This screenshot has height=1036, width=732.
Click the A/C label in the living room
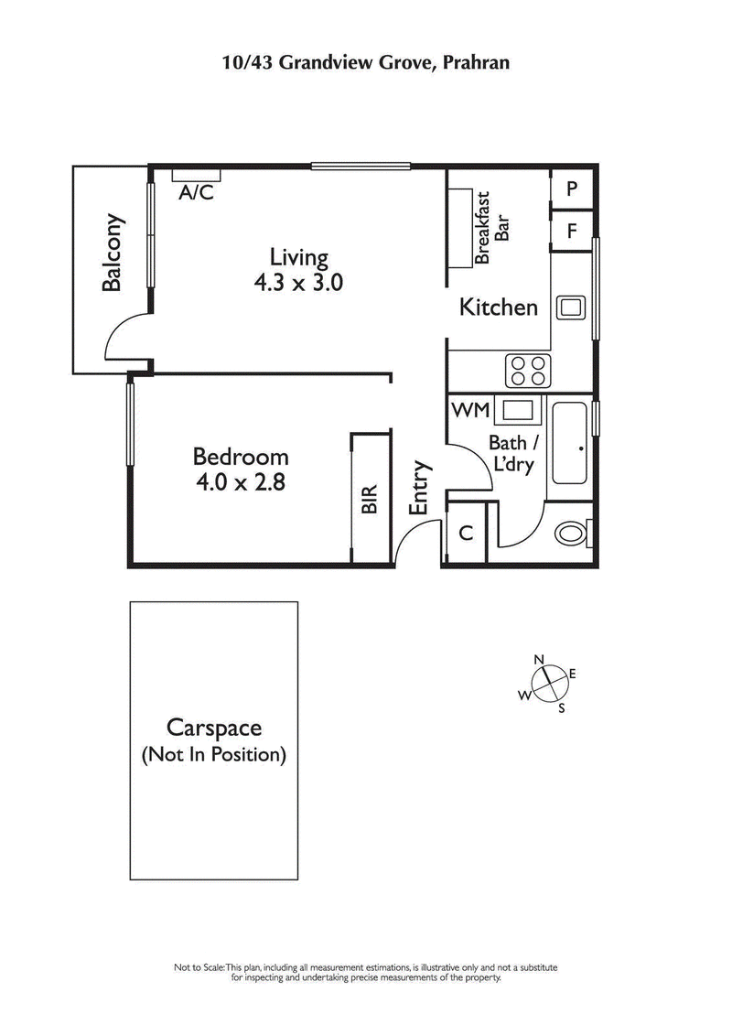(196, 192)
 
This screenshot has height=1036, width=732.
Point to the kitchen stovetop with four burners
(527, 371)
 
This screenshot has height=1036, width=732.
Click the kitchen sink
(573, 308)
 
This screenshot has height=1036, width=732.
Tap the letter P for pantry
(572, 189)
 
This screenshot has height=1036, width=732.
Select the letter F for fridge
(572, 231)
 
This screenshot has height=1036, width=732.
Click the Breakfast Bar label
(491, 228)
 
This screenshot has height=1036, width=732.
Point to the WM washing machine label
(471, 409)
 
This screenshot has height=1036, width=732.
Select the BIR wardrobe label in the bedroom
(370, 499)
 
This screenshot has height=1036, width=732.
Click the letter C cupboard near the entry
(465, 533)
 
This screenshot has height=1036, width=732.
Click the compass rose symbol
(547, 683)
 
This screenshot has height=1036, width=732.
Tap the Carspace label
(214, 728)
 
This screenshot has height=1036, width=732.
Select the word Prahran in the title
(473, 63)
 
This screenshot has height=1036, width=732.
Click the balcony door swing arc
(123, 335)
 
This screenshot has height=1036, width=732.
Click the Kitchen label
(498, 307)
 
